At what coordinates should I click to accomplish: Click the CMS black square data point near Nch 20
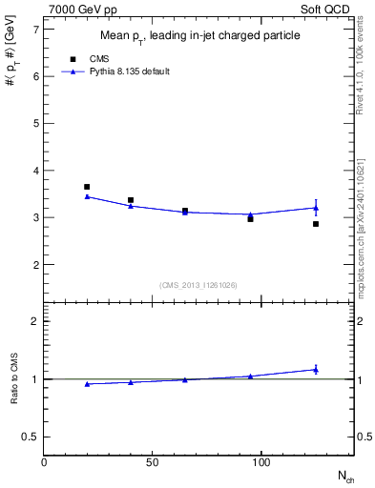87,187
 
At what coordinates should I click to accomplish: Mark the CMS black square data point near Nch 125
316,224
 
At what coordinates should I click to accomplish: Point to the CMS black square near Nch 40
131,200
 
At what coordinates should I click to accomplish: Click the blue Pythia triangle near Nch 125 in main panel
316,208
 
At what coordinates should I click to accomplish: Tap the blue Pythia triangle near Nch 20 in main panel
87,196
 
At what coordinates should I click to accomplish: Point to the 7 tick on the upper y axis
36,30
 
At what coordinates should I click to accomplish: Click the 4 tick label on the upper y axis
36,171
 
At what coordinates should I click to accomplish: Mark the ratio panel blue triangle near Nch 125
316,369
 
